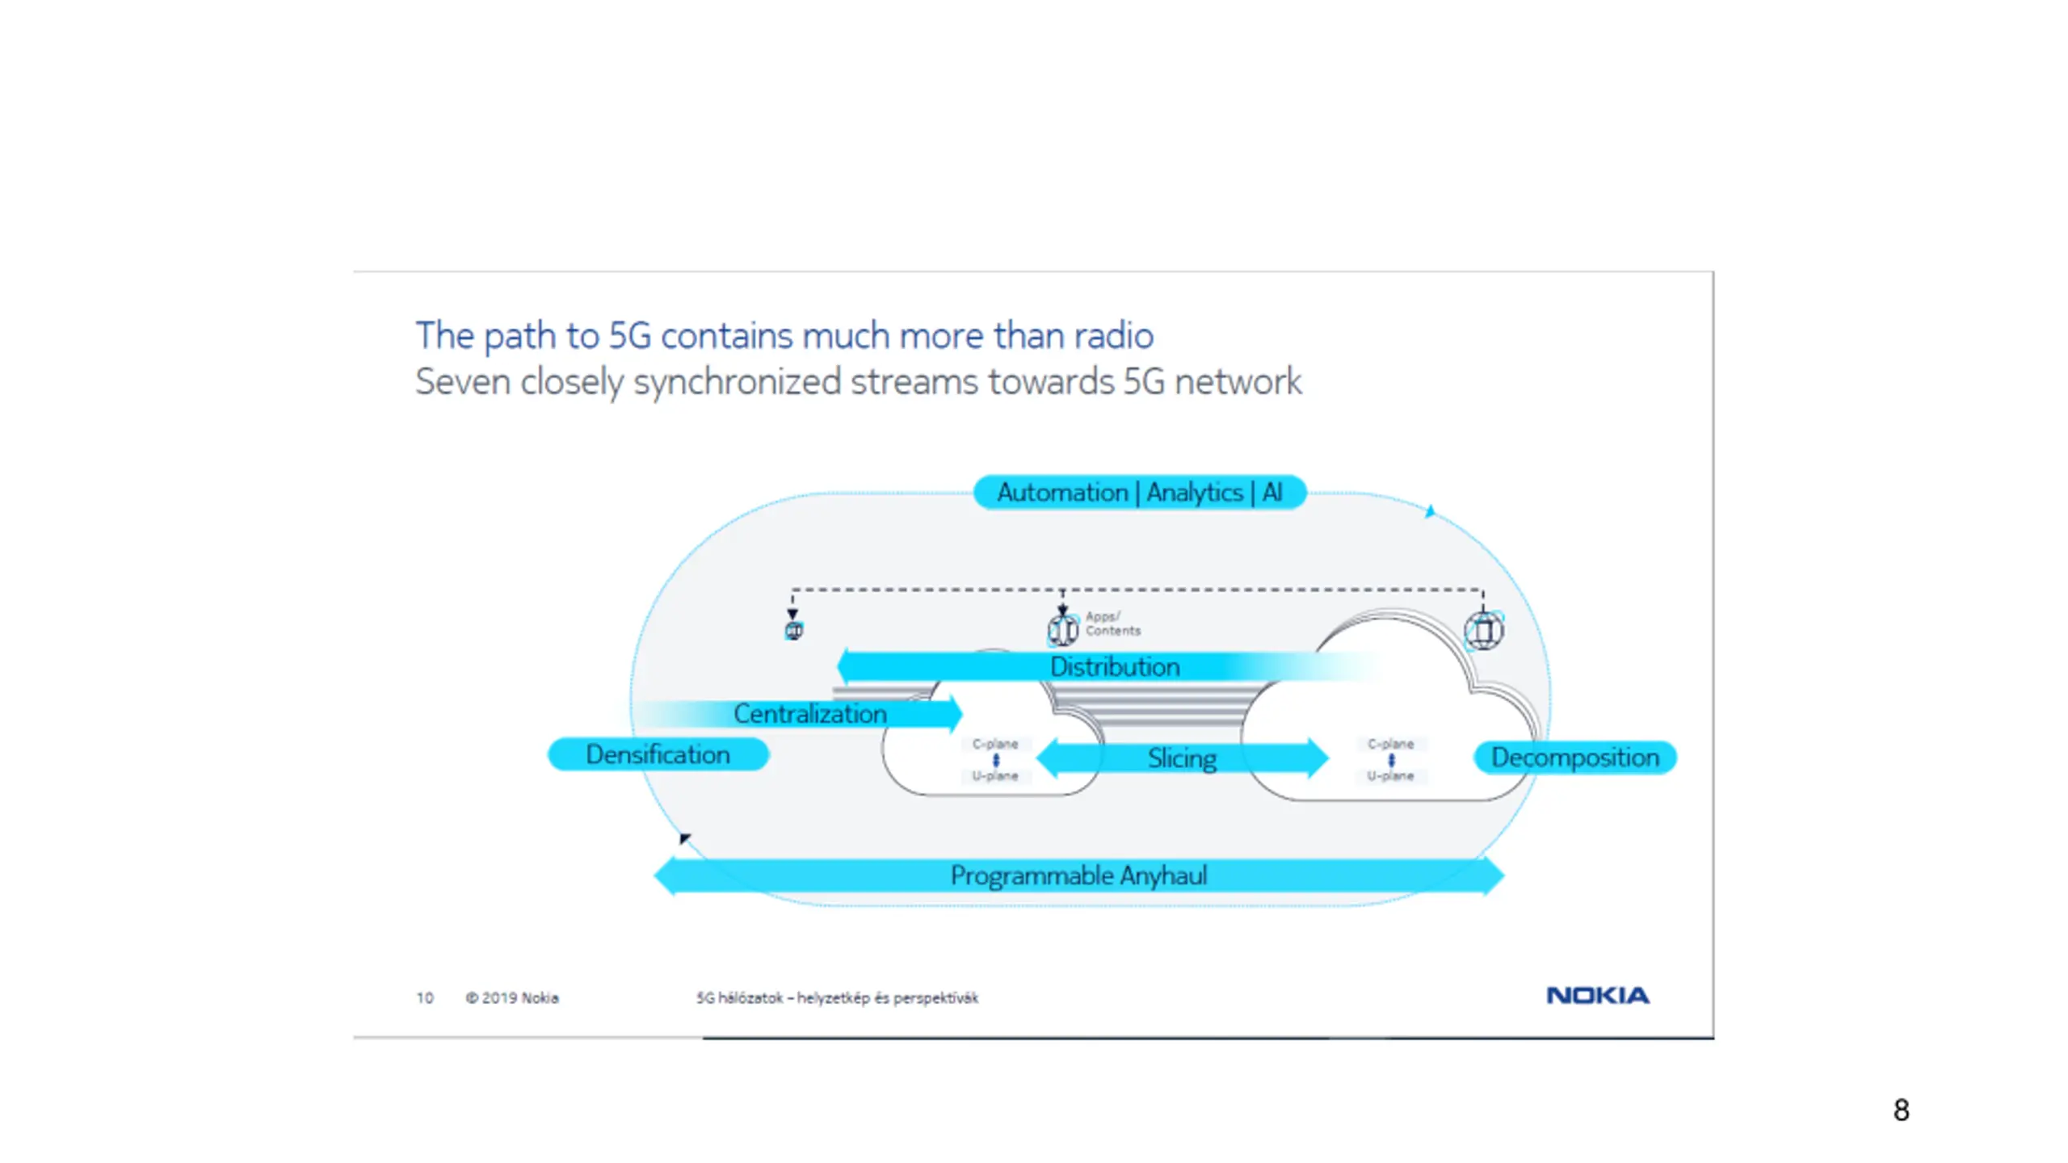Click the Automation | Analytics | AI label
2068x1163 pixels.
[x=1139, y=492]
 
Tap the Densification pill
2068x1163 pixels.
[x=658, y=754]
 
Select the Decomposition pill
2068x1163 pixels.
[x=1574, y=758]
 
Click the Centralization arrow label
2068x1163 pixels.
[x=809, y=713]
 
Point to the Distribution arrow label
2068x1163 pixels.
[x=1115, y=666]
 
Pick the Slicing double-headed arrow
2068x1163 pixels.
[x=1182, y=758]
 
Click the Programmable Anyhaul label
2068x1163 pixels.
[x=1078, y=875]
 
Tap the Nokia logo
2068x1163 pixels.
[x=1597, y=995]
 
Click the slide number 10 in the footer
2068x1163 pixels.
[x=425, y=998]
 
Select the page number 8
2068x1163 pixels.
[x=1901, y=1110]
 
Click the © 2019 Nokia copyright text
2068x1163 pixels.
[x=512, y=998]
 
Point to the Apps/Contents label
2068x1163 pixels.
[x=1112, y=623]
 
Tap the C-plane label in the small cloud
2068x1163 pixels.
[x=995, y=744]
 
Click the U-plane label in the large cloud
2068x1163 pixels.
[x=1390, y=775]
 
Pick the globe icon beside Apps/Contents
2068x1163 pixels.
[x=1062, y=629]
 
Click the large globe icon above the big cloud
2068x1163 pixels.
[x=1483, y=631]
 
